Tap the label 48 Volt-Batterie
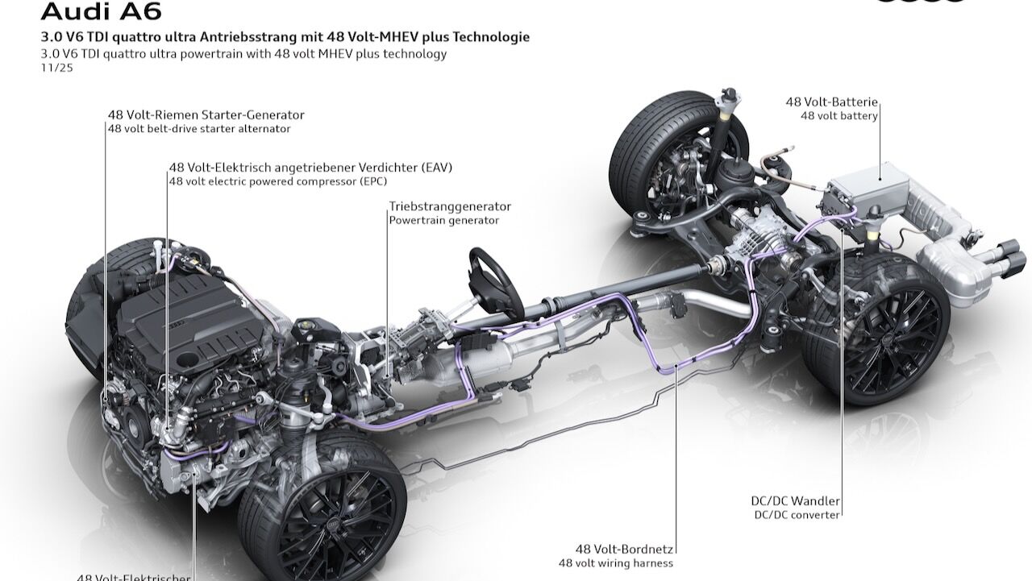(x=831, y=102)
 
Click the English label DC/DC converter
(x=797, y=514)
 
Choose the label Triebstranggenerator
(x=450, y=206)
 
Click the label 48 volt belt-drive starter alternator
(x=199, y=129)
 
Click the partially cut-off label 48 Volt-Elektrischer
(x=135, y=576)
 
